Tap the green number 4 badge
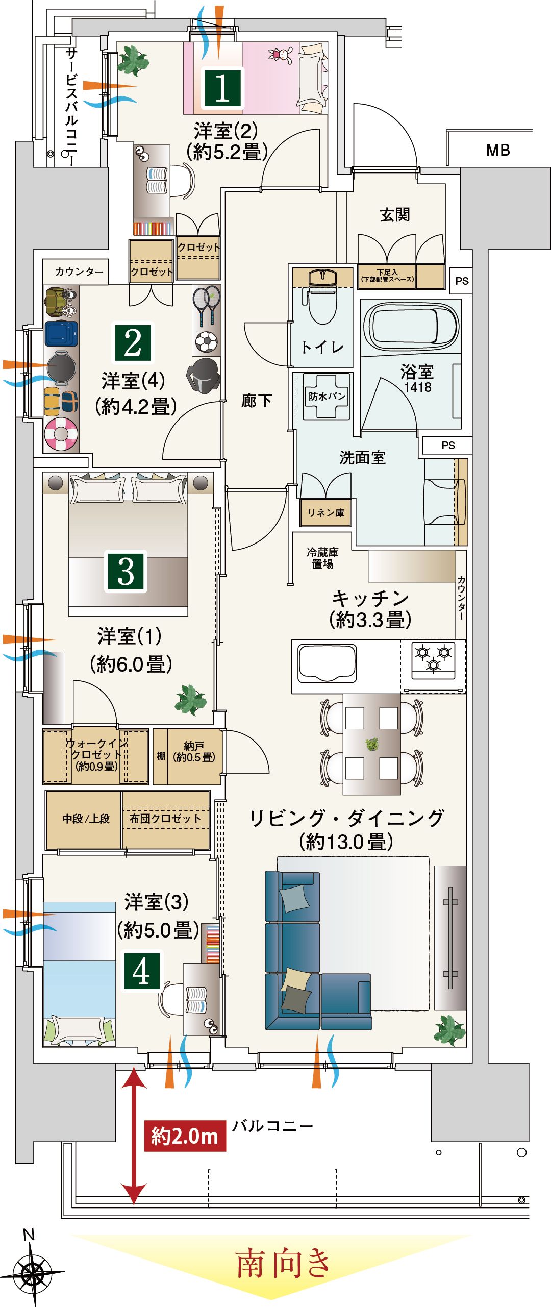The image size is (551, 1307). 141,971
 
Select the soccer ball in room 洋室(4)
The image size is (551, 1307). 206,342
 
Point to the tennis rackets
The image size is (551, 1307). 206,305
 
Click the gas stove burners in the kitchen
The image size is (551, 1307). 433,659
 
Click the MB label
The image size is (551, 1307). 498,150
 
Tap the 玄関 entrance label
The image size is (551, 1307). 395,215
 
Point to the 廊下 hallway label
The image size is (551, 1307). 257,401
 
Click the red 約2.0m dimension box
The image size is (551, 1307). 185,1136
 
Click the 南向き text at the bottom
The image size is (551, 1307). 284,1263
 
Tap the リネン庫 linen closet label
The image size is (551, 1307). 325,512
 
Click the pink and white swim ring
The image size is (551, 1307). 61,434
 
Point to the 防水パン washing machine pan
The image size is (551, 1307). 327,397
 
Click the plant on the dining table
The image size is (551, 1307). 371,744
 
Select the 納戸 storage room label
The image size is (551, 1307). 194,752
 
